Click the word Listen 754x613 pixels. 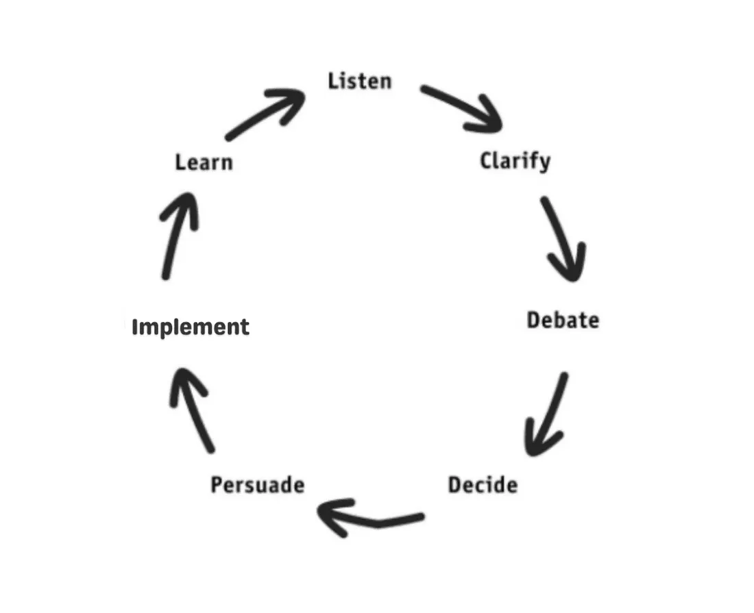pyautogui.click(x=360, y=81)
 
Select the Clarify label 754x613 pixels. pyautogui.click(x=515, y=161)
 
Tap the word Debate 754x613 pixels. pyautogui.click(x=563, y=320)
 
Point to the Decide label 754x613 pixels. pyautogui.click(x=483, y=485)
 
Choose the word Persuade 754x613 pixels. pyautogui.click(x=258, y=485)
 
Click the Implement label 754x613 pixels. pyautogui.click(x=191, y=327)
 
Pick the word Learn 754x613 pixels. pyautogui.click(x=204, y=162)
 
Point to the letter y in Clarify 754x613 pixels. pyautogui.click(x=544, y=163)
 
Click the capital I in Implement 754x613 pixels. pyautogui.click(x=134, y=327)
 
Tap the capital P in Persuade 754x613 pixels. pyautogui.click(x=217, y=485)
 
